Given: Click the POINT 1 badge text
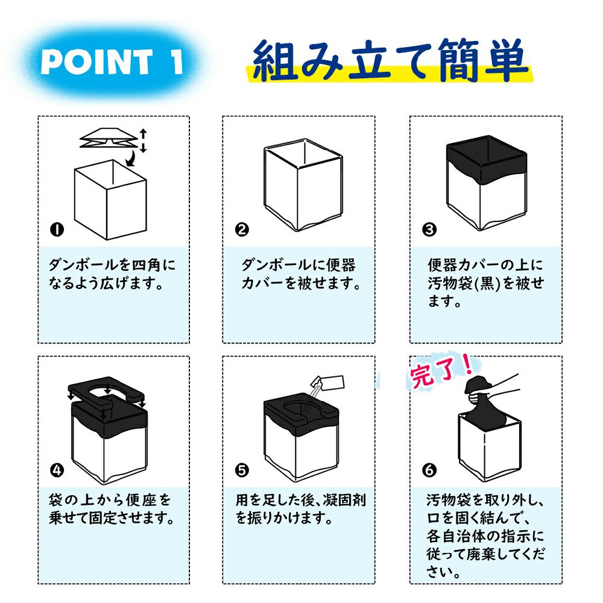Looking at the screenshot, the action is tap(111, 62).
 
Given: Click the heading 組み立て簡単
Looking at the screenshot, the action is tap(389, 60).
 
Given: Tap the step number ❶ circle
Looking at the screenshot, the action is tap(57, 230).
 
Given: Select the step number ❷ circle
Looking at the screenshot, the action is tap(242, 230).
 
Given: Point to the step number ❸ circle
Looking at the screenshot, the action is tap(429, 230).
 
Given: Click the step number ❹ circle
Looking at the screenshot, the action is tap(57, 470).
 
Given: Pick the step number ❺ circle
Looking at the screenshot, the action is tap(242, 470).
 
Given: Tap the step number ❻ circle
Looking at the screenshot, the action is tap(429, 470).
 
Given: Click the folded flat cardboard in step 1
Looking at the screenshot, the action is tap(109, 137).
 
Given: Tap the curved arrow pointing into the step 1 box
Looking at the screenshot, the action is tap(132, 158).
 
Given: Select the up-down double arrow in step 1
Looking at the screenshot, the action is tap(143, 140).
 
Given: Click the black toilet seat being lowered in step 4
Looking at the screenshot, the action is tap(106, 394).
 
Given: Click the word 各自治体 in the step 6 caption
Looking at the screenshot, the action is tap(455, 535).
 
